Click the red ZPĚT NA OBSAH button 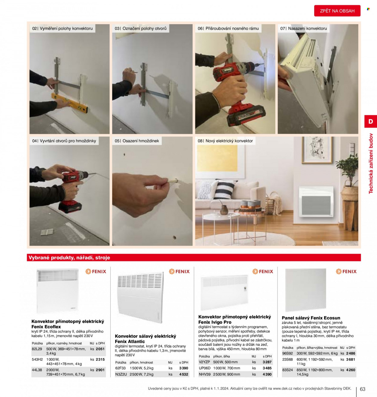pos(337,11)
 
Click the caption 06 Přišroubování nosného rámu pos(228,28)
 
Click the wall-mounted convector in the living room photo pos(316,202)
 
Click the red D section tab pos(371,121)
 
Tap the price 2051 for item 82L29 pos(100,349)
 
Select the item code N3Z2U pos(121,374)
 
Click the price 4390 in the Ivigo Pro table pos(267,374)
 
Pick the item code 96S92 pos(287,353)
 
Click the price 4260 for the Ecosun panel pos(350,370)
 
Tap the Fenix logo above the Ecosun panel pos(346,272)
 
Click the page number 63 pos(363,389)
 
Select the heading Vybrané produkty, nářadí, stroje pos(69,257)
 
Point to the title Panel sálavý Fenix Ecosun pos(311,318)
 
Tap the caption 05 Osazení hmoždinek pos(137,141)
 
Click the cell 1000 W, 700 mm pos(227,368)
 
